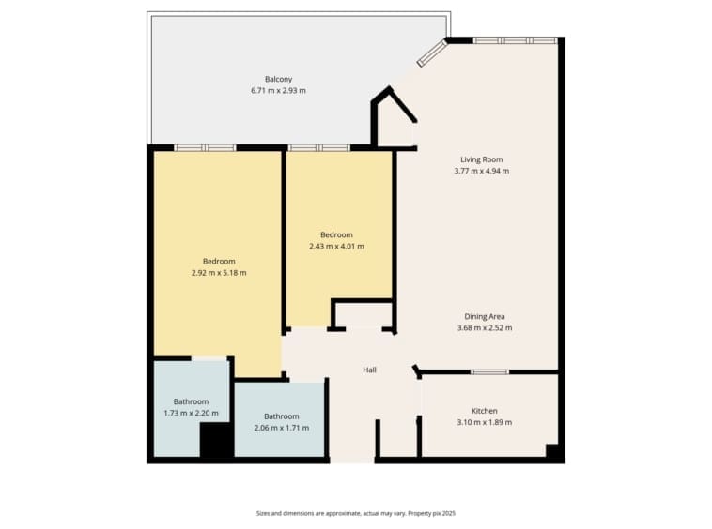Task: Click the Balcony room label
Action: click(x=278, y=79)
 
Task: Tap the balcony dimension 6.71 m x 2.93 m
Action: click(x=278, y=91)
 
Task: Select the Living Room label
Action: click(x=481, y=159)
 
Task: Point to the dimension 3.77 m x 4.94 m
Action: click(x=481, y=171)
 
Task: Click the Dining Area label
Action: click(x=485, y=316)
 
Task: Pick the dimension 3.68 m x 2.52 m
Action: click(x=485, y=327)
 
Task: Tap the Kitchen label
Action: click(x=485, y=411)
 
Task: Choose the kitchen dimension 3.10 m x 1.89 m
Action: click(x=485, y=422)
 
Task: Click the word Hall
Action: click(x=370, y=370)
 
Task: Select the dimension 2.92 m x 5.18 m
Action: click(x=219, y=273)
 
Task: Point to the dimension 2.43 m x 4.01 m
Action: click(x=336, y=246)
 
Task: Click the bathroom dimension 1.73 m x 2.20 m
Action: click(x=191, y=413)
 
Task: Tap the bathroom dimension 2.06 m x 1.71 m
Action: click(x=282, y=428)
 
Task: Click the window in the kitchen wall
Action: click(x=489, y=372)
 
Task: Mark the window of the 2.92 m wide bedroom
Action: click(x=206, y=148)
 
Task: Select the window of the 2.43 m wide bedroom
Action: click(x=319, y=148)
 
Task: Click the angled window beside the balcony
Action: click(x=433, y=53)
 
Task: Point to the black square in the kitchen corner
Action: click(x=551, y=450)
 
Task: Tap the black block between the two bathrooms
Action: click(x=217, y=440)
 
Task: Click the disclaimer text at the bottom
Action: click(x=356, y=514)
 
